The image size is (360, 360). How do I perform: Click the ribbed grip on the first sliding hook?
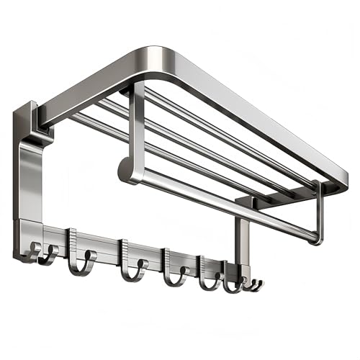[x=73, y=237]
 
